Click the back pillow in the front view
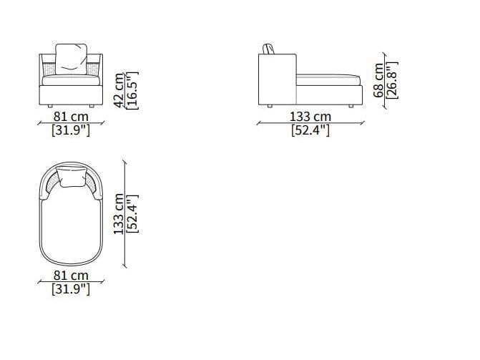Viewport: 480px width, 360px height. [x=72, y=59]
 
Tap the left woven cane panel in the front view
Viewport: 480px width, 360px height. [x=49, y=68]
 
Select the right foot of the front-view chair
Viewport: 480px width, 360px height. [x=92, y=106]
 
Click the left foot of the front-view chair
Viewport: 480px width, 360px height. [x=50, y=106]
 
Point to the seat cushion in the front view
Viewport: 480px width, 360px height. [x=71, y=80]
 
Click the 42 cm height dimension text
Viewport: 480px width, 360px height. [x=119, y=90]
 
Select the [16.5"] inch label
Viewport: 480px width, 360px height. [x=132, y=90]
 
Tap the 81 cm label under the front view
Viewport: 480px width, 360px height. [x=71, y=117]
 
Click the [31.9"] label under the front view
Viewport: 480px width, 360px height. [x=71, y=130]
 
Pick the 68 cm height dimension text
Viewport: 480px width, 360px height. [x=378, y=80]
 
